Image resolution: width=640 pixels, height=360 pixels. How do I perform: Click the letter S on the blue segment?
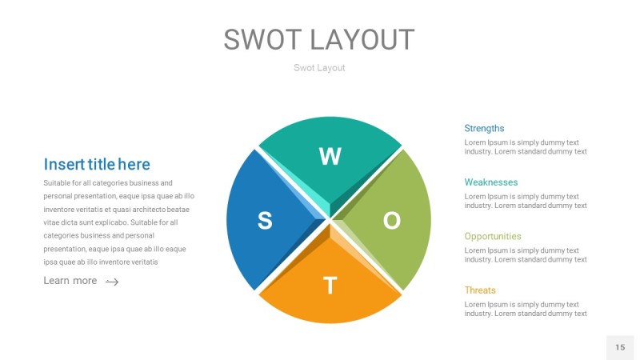pyautogui.click(x=265, y=221)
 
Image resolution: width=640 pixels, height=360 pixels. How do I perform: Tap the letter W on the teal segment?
pyautogui.click(x=330, y=157)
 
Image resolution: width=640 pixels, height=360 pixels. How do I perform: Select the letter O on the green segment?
pyautogui.click(x=391, y=221)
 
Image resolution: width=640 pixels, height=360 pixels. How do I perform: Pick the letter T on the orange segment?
pyautogui.click(x=329, y=286)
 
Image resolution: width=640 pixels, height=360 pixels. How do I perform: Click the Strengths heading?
pyautogui.click(x=484, y=128)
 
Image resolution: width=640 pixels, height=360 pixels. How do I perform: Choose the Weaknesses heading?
pyautogui.click(x=490, y=182)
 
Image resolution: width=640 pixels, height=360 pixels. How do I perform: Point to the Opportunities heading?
pyautogui.click(x=492, y=236)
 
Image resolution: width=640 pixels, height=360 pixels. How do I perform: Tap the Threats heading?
pyautogui.click(x=480, y=290)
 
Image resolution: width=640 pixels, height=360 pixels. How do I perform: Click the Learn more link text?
pyautogui.click(x=70, y=281)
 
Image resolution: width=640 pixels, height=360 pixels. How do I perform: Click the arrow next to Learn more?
pyautogui.click(x=112, y=282)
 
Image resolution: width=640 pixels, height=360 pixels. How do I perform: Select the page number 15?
pyautogui.click(x=620, y=347)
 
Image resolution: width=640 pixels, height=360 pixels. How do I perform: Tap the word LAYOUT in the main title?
pyautogui.click(x=362, y=40)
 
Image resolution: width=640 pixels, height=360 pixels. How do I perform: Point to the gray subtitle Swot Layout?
pyautogui.click(x=319, y=68)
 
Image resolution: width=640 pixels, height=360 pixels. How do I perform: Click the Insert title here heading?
pyautogui.click(x=96, y=165)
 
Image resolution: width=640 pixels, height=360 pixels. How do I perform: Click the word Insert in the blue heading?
pyautogui.click(x=63, y=165)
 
